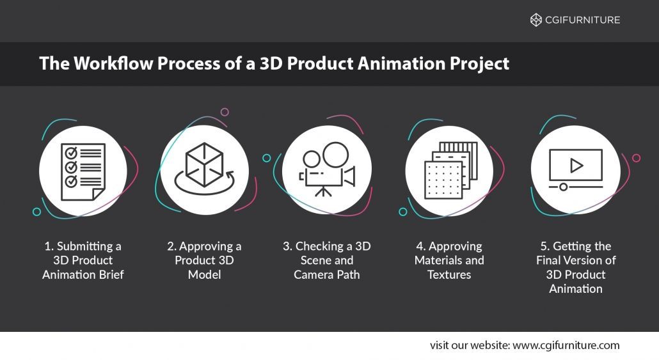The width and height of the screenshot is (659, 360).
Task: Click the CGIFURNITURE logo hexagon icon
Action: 536,20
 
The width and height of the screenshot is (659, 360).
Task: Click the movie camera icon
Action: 326,169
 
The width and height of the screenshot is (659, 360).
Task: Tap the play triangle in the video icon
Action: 576,166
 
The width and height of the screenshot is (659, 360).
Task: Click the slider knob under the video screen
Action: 563,187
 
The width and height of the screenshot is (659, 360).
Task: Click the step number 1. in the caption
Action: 49,246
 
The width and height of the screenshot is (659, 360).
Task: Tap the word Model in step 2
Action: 204,274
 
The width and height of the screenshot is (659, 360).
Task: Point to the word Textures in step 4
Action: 449,274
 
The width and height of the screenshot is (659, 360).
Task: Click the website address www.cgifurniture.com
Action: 566,345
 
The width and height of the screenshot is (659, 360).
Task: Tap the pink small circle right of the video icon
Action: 636,158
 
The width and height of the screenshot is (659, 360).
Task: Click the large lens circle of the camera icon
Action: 335,154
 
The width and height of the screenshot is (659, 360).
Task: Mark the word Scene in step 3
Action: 317,260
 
